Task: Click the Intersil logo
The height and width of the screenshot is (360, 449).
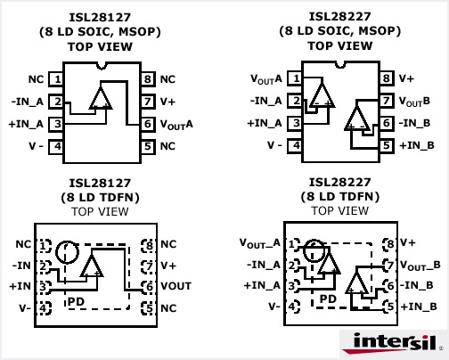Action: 392,343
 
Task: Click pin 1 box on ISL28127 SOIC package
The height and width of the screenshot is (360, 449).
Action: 55,79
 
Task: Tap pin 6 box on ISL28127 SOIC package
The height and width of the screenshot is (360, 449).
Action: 148,124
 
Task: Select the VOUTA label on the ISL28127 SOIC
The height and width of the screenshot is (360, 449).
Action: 176,125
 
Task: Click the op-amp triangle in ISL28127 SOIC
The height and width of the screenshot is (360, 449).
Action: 101,98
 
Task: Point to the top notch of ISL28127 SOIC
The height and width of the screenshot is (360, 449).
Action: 102,66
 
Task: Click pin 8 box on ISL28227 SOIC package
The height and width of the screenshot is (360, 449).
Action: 387,78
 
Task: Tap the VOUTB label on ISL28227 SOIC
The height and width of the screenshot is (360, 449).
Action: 414,102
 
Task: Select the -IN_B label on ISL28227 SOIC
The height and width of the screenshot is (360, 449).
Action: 414,123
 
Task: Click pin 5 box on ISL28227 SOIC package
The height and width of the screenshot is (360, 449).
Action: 387,145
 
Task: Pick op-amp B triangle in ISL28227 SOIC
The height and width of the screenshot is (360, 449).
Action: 357,119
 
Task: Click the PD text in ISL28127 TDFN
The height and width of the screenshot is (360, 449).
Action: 77,301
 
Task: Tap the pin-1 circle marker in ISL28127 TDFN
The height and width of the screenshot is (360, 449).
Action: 68,252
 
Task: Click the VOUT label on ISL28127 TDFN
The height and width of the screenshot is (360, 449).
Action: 176,286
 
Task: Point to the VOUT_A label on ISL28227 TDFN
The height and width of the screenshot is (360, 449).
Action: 260,243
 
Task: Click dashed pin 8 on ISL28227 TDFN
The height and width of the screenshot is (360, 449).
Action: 390,243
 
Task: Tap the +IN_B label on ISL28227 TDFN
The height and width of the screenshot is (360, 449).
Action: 419,307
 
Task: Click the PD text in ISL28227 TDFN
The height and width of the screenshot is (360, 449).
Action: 328,299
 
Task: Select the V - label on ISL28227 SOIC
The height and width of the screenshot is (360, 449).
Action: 274,145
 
